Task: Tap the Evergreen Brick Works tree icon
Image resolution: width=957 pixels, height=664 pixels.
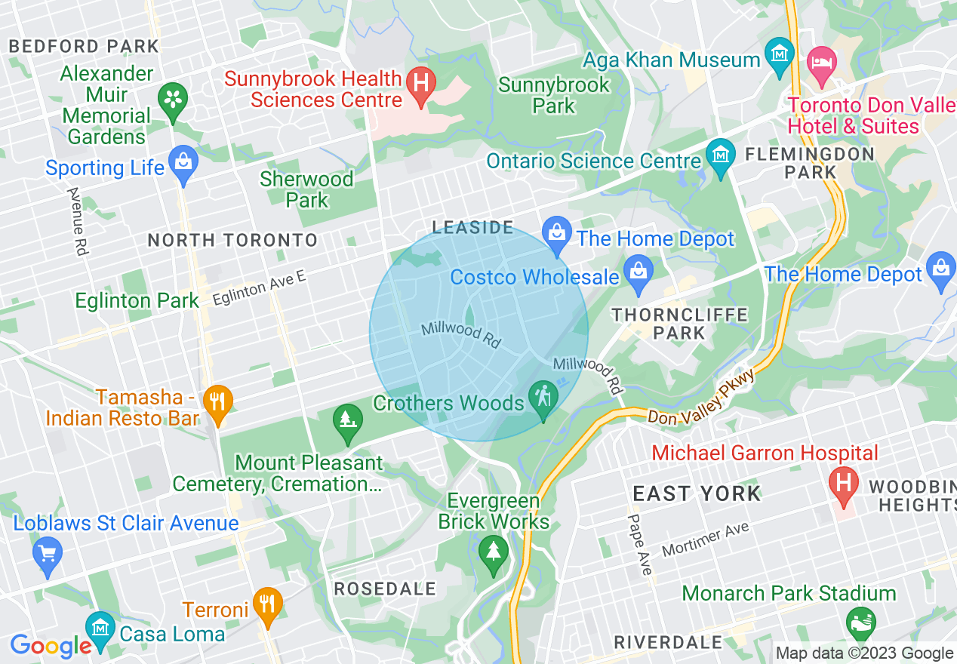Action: pyautogui.click(x=493, y=557)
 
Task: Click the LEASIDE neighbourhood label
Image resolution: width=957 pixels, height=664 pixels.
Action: pyautogui.click(x=472, y=227)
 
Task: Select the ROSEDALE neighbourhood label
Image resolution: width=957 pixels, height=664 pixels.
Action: pyautogui.click(x=385, y=589)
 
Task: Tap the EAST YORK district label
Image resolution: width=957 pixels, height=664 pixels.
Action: pyautogui.click(x=697, y=494)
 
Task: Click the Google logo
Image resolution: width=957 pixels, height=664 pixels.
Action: pyautogui.click(x=50, y=647)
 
